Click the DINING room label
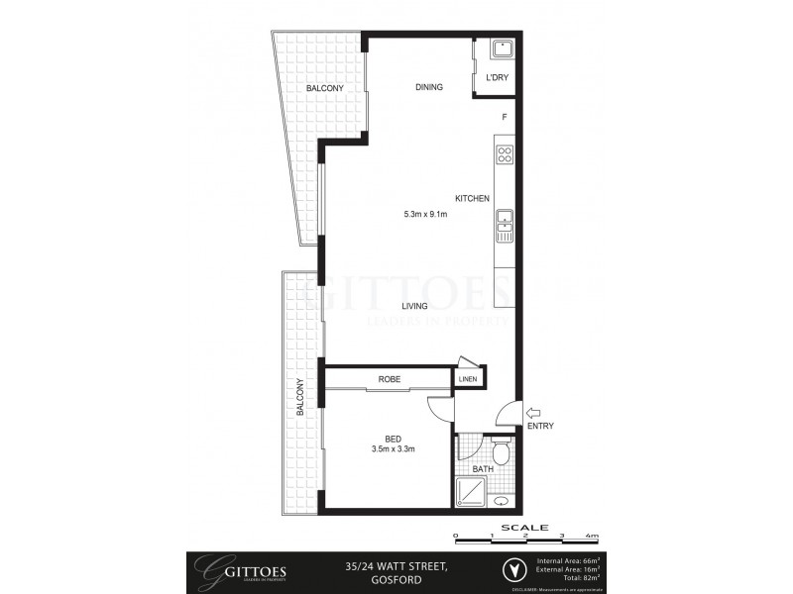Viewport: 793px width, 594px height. pyautogui.click(x=428, y=87)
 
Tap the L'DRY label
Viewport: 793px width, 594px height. pyautogui.click(x=496, y=78)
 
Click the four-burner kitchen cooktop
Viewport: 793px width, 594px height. pyautogui.click(x=504, y=154)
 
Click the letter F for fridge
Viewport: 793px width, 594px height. pyautogui.click(x=505, y=118)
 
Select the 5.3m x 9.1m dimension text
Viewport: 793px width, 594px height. pyautogui.click(x=425, y=214)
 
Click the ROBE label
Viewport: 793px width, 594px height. pyautogui.click(x=388, y=379)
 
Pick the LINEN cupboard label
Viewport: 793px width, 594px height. pyautogui.click(x=468, y=379)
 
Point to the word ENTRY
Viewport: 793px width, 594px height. pyautogui.click(x=540, y=427)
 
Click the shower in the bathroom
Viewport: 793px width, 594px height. pyautogui.click(x=471, y=491)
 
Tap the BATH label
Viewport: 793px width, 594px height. pyautogui.click(x=482, y=469)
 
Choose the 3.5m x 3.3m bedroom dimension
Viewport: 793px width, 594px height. pyautogui.click(x=393, y=449)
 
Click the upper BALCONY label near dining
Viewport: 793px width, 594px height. pyautogui.click(x=324, y=89)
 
